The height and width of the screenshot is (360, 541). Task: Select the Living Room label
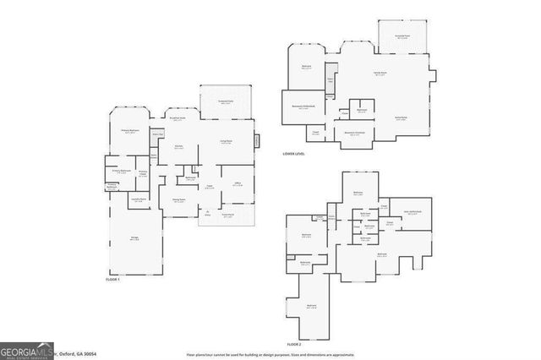click(x=226, y=142)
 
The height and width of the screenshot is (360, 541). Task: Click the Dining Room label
click(x=179, y=199)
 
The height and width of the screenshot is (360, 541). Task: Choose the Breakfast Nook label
click(x=178, y=118)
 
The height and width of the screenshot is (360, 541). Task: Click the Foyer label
click(x=208, y=188)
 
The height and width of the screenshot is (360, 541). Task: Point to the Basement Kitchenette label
click(x=354, y=134)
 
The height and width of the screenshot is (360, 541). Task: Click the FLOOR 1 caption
click(x=112, y=280)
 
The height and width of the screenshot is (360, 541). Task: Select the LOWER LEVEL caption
click(x=294, y=154)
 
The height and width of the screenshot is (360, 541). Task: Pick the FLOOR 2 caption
click(x=293, y=345)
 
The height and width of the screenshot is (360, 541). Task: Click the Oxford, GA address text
click(x=77, y=353)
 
